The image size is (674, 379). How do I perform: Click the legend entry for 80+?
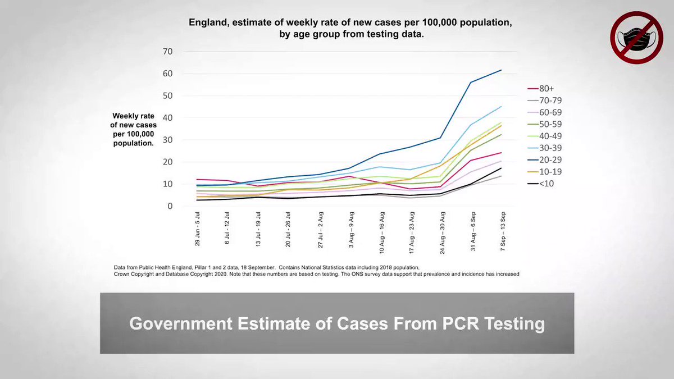541,89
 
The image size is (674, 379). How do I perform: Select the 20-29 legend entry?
545,159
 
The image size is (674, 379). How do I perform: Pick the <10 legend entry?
541,184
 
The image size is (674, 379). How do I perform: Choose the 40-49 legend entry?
545,136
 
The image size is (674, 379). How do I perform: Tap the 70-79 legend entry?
545,100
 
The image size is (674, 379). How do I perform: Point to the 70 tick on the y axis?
167,52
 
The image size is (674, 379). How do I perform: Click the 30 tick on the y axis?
167,140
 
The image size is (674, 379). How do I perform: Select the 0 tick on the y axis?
170,206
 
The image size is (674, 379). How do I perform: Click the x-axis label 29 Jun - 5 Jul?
197,229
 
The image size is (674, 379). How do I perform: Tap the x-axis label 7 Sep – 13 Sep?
503,231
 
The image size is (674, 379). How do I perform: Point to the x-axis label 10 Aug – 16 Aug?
382,233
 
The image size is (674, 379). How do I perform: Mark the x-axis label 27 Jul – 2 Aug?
321,230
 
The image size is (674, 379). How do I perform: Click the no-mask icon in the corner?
637,38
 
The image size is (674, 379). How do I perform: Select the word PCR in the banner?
461,323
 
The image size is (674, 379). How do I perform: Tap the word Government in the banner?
180,323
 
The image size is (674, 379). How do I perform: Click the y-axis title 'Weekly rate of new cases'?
133,120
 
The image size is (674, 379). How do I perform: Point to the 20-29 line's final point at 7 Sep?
502,70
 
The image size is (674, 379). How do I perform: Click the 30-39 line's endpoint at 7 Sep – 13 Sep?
502,106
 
